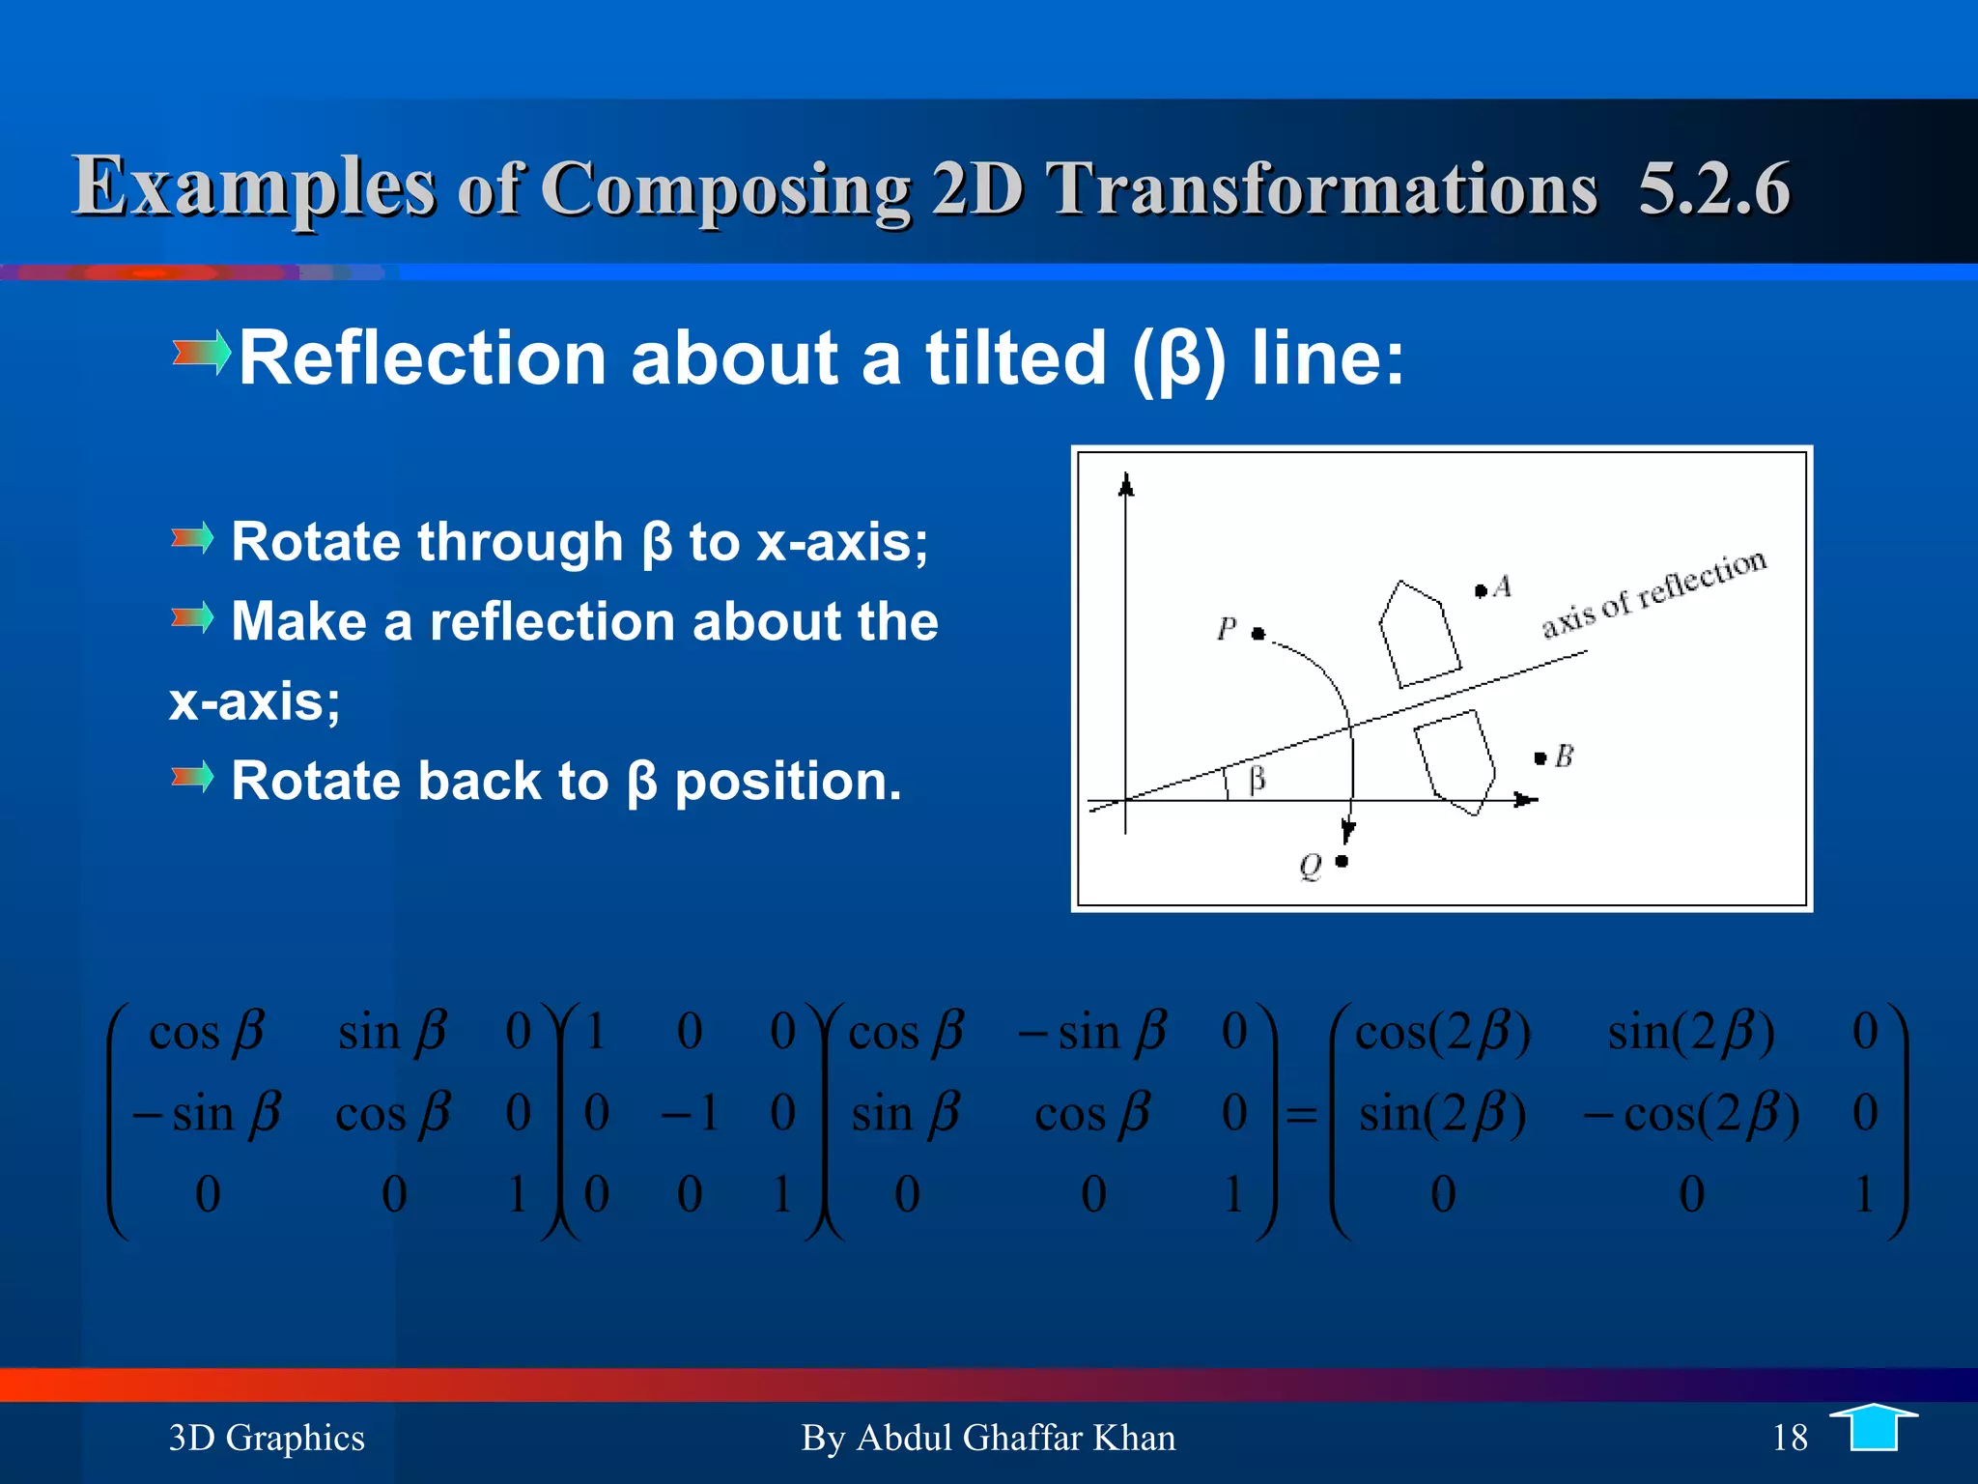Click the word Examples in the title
click(x=253, y=185)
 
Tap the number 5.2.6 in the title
click(x=1714, y=187)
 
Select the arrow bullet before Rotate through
click(x=192, y=537)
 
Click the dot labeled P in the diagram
click(x=1257, y=634)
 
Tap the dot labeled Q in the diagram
click(x=1342, y=861)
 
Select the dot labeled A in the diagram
click(x=1481, y=590)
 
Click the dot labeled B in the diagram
click(x=1540, y=758)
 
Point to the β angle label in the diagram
click(x=1257, y=779)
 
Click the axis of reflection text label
click(x=1653, y=592)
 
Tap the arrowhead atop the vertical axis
click(x=1125, y=485)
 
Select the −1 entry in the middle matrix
click(x=690, y=1112)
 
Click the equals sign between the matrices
click(x=1301, y=1115)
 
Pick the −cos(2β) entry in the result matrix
click(x=1691, y=1114)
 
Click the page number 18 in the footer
click(x=1790, y=1438)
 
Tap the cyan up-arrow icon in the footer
click(x=1873, y=1428)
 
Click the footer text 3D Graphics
click(x=267, y=1438)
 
